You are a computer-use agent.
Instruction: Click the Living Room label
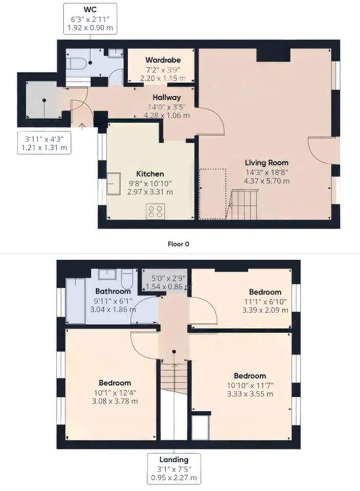click(x=266, y=163)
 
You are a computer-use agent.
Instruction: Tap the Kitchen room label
click(x=150, y=174)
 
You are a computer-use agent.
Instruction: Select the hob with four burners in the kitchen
click(x=155, y=211)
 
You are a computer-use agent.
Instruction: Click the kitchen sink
click(x=114, y=184)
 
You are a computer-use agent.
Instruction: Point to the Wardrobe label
click(x=163, y=60)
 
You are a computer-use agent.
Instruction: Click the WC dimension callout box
click(x=90, y=18)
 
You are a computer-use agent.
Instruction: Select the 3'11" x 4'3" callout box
click(x=44, y=143)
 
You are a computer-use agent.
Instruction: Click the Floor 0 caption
click(x=178, y=244)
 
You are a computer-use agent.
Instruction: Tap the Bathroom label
click(x=113, y=291)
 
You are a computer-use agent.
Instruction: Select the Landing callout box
click(x=174, y=468)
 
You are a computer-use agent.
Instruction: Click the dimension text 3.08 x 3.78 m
click(x=115, y=401)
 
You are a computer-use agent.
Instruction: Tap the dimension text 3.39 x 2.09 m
click(x=265, y=310)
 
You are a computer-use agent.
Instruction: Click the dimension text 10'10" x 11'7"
click(x=250, y=386)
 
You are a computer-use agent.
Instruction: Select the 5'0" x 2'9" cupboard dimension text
click(x=168, y=278)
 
